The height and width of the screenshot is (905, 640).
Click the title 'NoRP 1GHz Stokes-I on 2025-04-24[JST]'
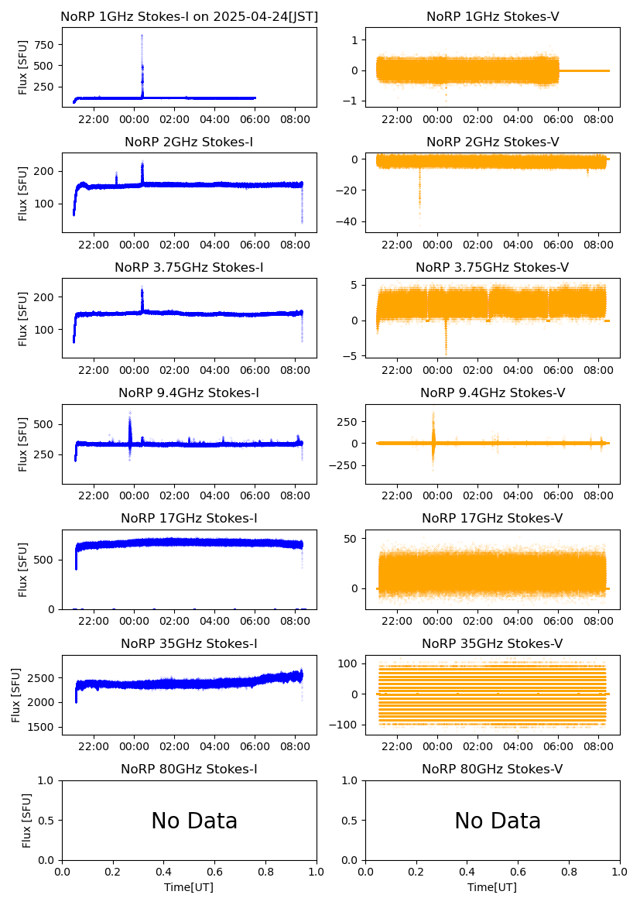coord(189,16)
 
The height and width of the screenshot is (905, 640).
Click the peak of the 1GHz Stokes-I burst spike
coord(142,36)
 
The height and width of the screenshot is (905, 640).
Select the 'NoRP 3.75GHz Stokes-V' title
coord(492,267)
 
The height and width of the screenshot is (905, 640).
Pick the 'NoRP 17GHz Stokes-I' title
coord(189,518)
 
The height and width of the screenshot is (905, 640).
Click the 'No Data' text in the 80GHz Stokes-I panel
coord(194,821)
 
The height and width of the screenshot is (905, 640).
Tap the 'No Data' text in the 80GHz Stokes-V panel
coord(498,821)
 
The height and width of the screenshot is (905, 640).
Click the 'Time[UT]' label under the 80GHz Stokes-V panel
coord(492,887)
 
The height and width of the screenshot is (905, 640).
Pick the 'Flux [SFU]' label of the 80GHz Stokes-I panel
coord(27,820)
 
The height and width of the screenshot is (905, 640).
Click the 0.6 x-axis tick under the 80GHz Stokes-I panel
coord(214,872)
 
